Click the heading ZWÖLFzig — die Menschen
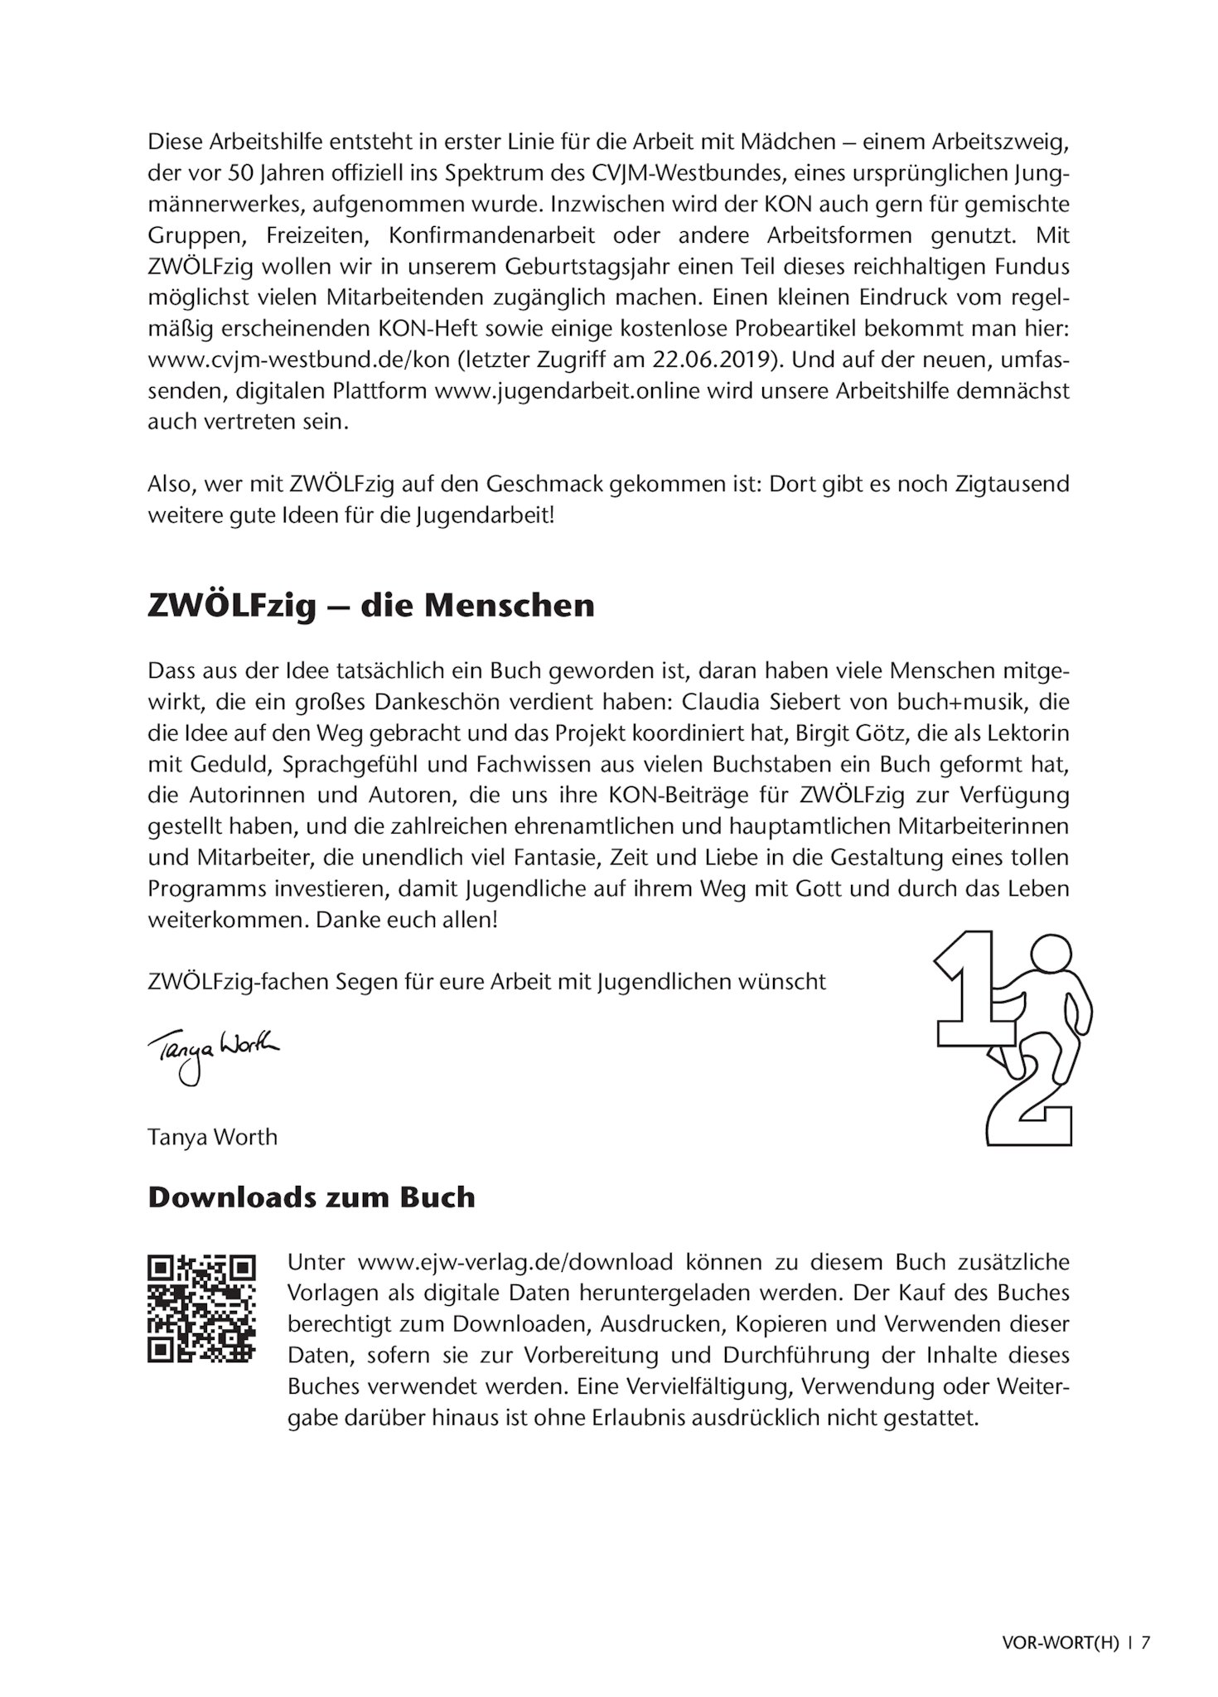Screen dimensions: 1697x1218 370,606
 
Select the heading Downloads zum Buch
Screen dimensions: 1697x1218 311,1197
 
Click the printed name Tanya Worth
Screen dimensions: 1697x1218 212,1136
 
